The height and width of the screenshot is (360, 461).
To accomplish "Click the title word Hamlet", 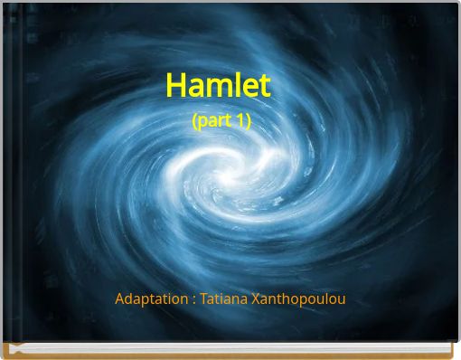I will [x=218, y=86].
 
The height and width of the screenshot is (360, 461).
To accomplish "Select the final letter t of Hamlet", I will [x=264, y=86].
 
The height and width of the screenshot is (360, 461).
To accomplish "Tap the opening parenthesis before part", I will [x=195, y=120].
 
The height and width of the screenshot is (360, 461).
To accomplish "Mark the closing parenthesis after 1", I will [x=248, y=120].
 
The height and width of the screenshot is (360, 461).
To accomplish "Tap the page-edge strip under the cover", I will [x=230, y=347].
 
